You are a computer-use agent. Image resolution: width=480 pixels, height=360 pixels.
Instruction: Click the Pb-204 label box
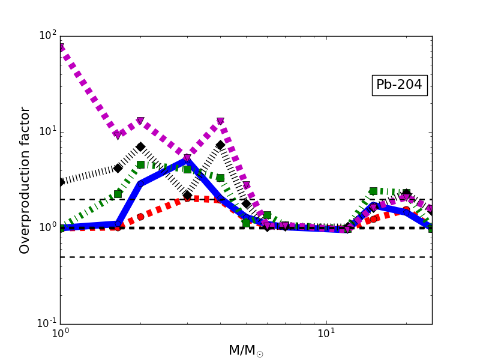(x=399, y=85)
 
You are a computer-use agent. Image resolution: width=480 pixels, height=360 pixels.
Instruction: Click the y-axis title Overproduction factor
(x=25, y=180)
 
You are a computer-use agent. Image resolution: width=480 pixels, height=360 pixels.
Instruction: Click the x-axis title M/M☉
(x=245, y=350)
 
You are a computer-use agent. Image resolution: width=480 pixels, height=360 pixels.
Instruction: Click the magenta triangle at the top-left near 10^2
(x=61, y=47)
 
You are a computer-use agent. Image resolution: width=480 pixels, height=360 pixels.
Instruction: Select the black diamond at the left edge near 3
(x=61, y=182)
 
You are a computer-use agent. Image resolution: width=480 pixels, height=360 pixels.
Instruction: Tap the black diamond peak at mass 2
(x=140, y=146)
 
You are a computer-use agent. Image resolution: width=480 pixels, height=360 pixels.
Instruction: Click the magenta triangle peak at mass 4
(x=220, y=121)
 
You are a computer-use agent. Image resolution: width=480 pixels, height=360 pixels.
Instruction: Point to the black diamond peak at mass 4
(x=220, y=145)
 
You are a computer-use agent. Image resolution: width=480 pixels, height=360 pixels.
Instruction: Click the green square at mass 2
(x=140, y=164)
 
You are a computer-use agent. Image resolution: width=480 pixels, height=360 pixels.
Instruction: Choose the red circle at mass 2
(x=140, y=217)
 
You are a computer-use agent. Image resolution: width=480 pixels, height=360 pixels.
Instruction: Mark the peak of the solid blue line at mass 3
(x=187, y=161)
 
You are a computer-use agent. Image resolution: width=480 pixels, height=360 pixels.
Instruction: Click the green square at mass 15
(x=373, y=191)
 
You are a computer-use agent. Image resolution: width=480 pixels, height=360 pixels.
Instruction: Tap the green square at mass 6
(x=267, y=215)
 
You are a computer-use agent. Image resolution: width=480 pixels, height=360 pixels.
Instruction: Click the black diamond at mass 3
(x=187, y=195)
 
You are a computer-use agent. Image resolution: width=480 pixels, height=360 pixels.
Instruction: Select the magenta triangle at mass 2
(x=140, y=121)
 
